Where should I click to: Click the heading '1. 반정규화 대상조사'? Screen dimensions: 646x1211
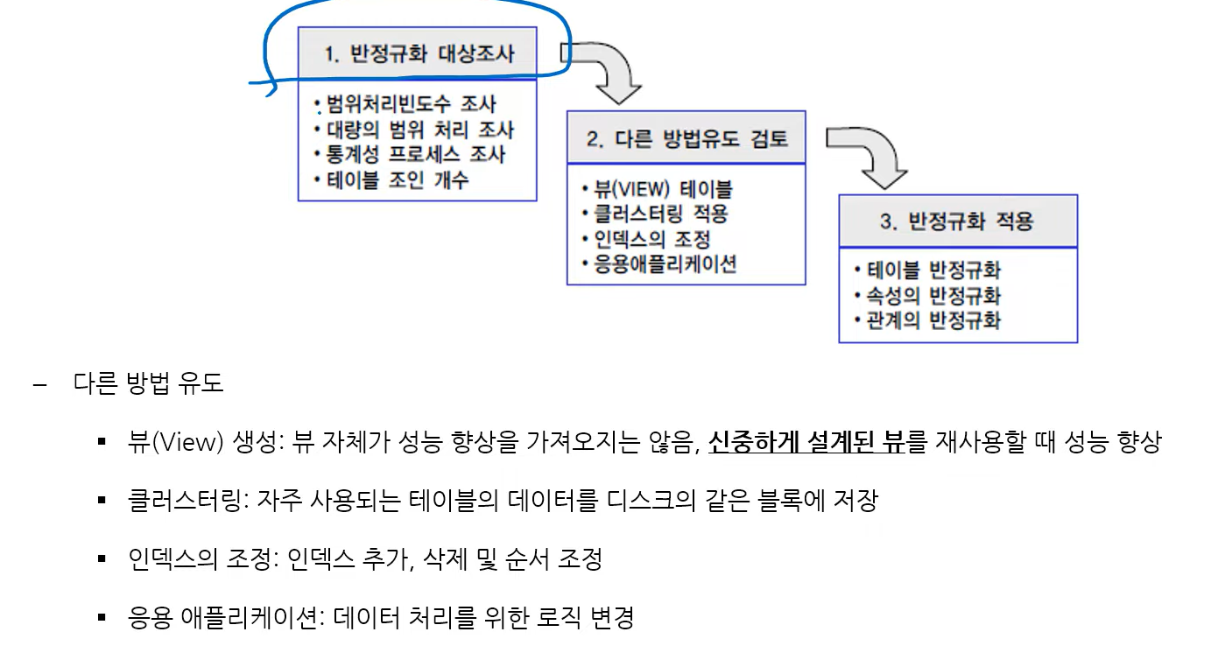point(419,53)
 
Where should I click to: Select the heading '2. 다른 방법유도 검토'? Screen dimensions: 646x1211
point(686,138)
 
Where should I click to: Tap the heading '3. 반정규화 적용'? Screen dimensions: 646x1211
point(957,221)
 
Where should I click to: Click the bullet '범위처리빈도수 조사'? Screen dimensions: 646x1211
point(411,105)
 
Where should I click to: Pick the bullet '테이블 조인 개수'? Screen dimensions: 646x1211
point(398,180)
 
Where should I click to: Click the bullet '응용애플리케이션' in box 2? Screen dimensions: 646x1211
point(665,263)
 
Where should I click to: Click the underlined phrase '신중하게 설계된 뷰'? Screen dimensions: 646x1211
point(806,443)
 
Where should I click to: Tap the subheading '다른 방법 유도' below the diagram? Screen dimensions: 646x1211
point(149,383)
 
